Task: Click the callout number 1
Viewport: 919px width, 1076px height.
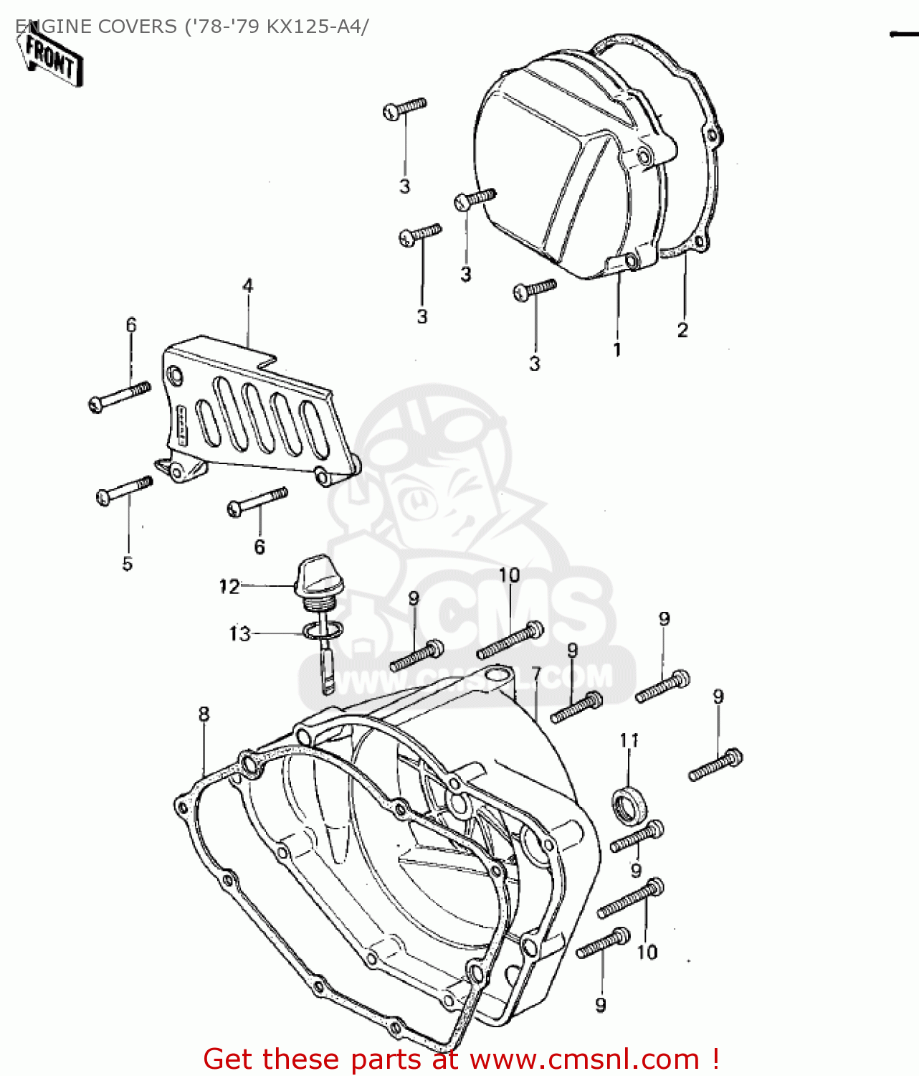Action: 616,350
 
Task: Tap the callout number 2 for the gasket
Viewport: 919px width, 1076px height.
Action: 682,330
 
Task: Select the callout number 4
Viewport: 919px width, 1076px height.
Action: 247,286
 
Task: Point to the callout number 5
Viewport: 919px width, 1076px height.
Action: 127,564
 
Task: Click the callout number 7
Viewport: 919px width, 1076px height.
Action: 536,675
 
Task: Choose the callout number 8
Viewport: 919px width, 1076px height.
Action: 204,714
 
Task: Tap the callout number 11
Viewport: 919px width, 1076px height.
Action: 629,740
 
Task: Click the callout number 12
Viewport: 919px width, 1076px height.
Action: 229,587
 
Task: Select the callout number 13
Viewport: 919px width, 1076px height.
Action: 239,634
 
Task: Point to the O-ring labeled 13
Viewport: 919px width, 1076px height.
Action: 323,632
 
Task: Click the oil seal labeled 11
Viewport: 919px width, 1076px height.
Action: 629,806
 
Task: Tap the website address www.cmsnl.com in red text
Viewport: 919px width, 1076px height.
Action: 584,1059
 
